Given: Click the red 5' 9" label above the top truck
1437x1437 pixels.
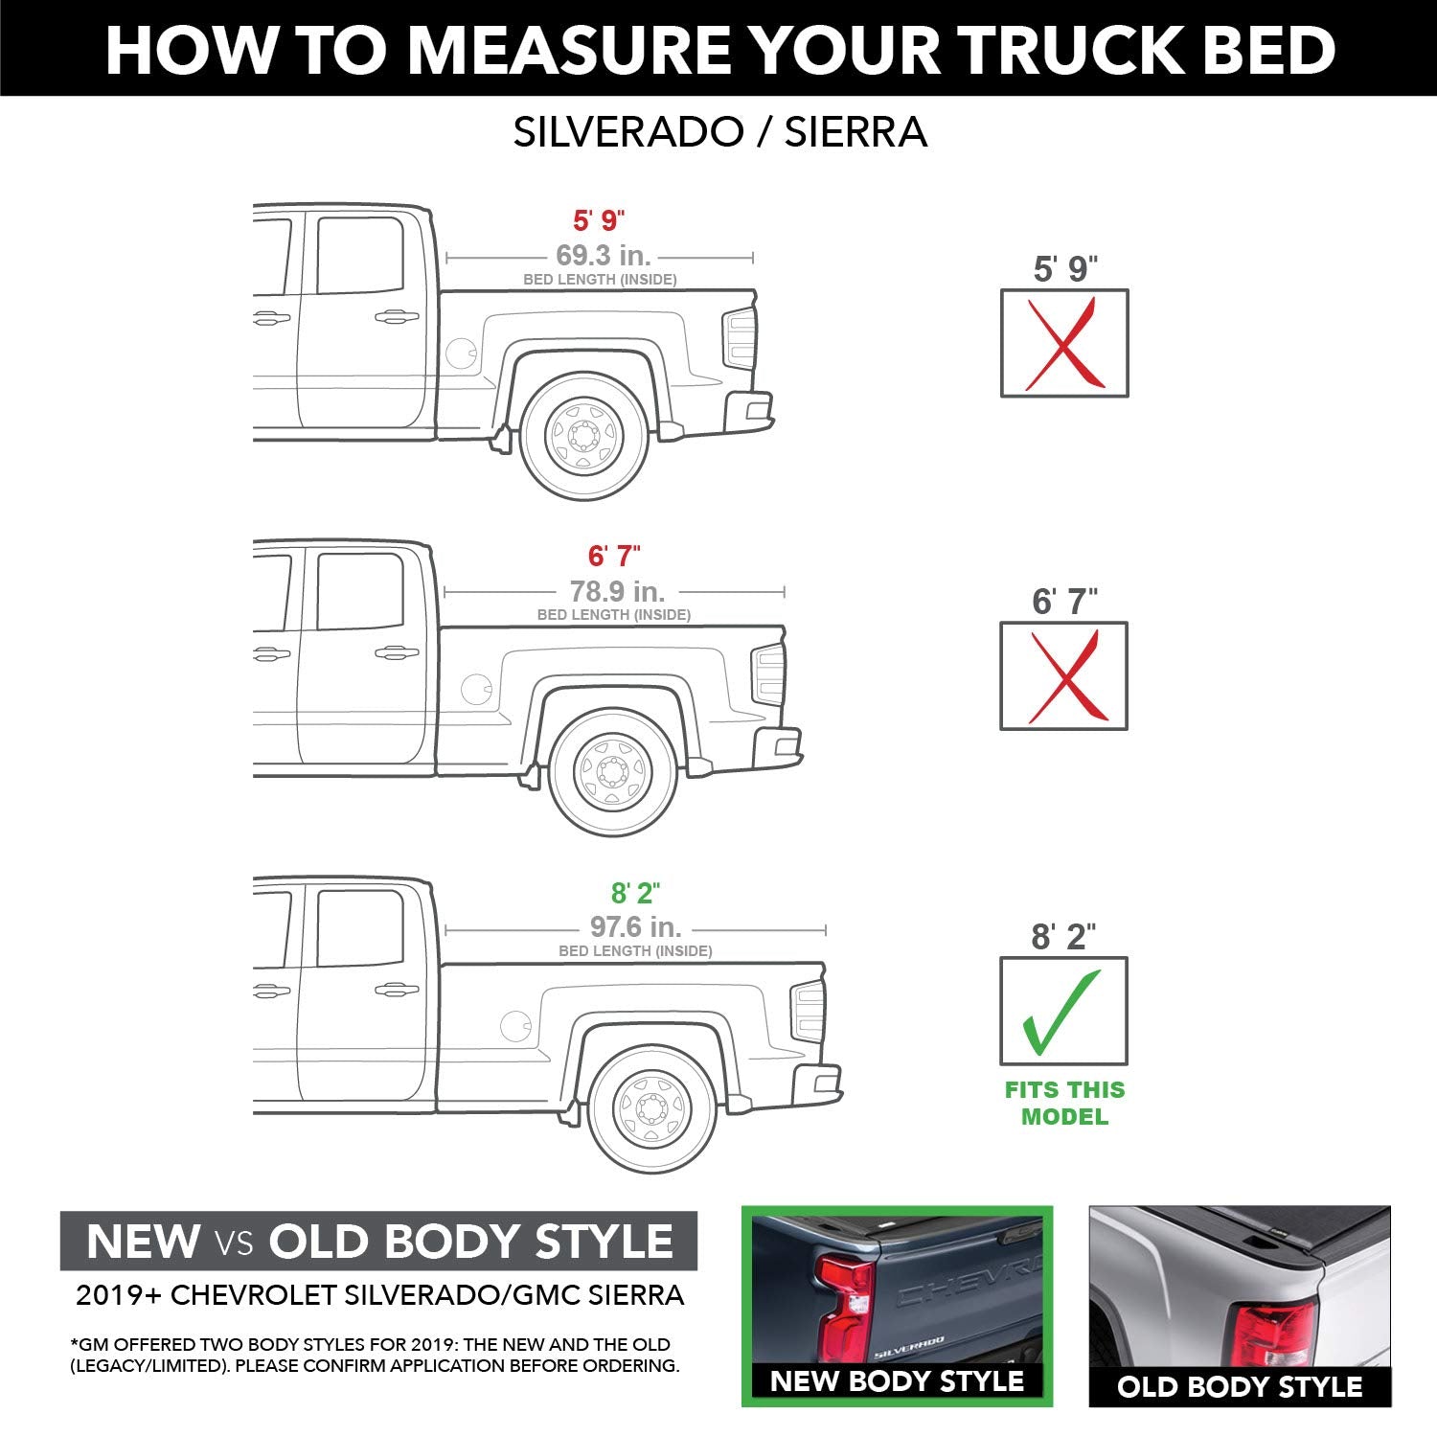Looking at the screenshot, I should (599, 220).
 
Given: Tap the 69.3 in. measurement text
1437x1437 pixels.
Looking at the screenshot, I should (603, 256).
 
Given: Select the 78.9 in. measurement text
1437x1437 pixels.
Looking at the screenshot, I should (617, 591).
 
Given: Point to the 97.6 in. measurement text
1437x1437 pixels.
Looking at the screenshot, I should (635, 927).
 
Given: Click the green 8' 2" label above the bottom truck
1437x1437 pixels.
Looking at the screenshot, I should (635, 893).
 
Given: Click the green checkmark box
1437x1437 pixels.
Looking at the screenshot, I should (1063, 1011).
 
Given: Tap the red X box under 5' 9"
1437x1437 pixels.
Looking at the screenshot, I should (1063, 343).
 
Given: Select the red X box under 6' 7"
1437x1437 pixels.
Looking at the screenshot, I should (1063, 676).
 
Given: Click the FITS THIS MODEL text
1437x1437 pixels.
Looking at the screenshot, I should (1064, 1103).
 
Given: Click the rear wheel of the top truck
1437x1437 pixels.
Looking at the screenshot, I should (583, 437).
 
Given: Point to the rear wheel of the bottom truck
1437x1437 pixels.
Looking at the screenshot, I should (651, 1109).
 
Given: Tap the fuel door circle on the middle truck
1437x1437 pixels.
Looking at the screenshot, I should (476, 688).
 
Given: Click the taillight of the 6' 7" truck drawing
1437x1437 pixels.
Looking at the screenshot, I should (769, 674).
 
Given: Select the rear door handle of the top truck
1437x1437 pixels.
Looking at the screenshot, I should (396, 317).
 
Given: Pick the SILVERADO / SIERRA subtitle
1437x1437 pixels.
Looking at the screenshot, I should (719, 132).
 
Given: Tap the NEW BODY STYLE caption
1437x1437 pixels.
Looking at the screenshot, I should (897, 1380).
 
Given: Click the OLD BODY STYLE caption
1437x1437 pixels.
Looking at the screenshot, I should (1239, 1386).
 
